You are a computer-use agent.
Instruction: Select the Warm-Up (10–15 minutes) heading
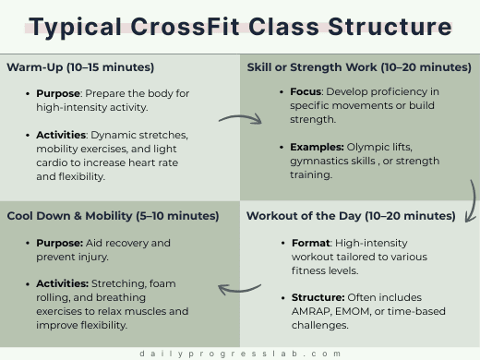click(x=80, y=67)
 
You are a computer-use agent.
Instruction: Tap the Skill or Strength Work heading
click(x=359, y=67)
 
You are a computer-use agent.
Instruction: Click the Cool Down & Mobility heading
click(x=113, y=216)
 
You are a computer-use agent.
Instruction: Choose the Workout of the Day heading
click(x=351, y=216)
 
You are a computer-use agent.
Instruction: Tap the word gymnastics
click(x=310, y=162)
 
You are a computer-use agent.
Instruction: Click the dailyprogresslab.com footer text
click(x=240, y=353)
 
